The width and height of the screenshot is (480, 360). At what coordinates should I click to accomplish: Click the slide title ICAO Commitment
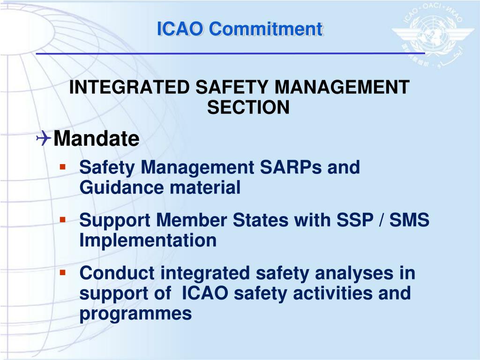[x=240, y=29]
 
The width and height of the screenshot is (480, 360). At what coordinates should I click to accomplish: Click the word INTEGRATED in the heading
[x=129, y=88]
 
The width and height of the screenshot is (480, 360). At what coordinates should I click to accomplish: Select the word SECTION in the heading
[x=248, y=108]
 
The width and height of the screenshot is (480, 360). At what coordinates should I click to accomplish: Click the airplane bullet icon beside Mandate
[x=44, y=138]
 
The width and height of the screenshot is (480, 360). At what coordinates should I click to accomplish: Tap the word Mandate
[x=96, y=139]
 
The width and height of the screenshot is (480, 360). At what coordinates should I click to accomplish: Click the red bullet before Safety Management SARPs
[x=62, y=167]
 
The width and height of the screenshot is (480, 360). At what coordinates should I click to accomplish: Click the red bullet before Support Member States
[x=62, y=219]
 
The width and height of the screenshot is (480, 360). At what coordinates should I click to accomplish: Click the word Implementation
[x=148, y=240]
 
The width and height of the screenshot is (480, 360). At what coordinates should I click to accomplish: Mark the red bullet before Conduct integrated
[x=62, y=272]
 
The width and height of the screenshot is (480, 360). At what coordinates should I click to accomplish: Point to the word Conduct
[x=117, y=273]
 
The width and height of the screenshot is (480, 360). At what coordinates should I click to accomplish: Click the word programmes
[x=135, y=314]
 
